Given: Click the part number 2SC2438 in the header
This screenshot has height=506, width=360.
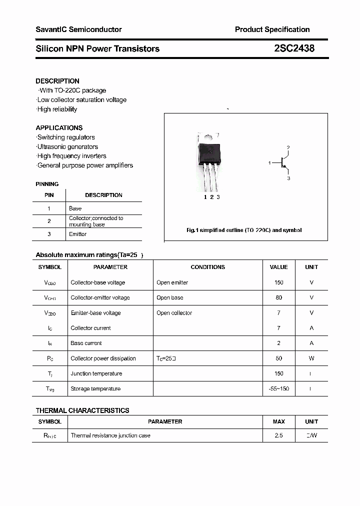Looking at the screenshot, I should tap(294, 48).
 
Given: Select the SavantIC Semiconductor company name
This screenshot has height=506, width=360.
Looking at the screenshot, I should tap(78, 29).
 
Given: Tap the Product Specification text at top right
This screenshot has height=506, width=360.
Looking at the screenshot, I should tap(272, 29).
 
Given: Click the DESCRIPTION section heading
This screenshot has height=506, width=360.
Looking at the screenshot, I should tap(57, 81).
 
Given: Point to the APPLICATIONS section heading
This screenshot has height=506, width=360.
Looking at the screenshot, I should tap(59, 127).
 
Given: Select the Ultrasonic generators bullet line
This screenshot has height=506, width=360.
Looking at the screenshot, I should tap(67, 146).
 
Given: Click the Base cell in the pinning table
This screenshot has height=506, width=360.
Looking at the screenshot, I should tap(75, 208).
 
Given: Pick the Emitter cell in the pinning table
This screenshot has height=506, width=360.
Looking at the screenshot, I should tap(77, 234).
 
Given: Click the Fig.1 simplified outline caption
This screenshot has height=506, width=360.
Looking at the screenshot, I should tap(244, 230).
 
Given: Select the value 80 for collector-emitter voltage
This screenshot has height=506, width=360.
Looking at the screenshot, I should tap(278, 297).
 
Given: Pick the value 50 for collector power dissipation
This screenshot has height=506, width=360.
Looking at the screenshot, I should tap(278, 358).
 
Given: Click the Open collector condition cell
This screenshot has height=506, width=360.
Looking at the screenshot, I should tap(174, 313).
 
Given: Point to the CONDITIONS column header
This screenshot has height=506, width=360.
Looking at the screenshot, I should tap(207, 267).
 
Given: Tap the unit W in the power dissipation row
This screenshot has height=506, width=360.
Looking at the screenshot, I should tap(311, 358).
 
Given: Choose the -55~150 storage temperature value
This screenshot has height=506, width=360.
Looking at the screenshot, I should tap(278, 388).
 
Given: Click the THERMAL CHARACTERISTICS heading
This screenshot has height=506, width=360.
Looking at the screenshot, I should tap(82, 410).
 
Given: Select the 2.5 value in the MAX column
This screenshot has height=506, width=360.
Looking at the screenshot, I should tap(278, 435).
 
